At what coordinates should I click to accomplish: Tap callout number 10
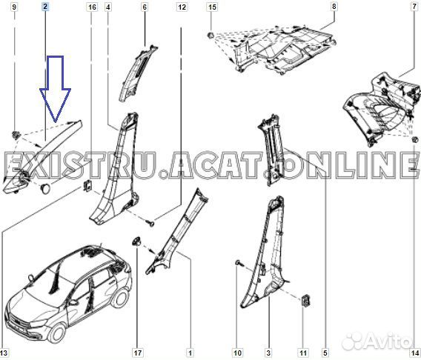pos(237,353)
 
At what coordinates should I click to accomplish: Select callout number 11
pos(304,353)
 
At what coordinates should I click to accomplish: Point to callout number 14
pos(414,353)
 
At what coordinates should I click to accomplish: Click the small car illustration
pos(67,296)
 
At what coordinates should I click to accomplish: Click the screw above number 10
pos(236,262)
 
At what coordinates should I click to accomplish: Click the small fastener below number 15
pos(212,35)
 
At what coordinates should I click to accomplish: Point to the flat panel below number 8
pos(274,44)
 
